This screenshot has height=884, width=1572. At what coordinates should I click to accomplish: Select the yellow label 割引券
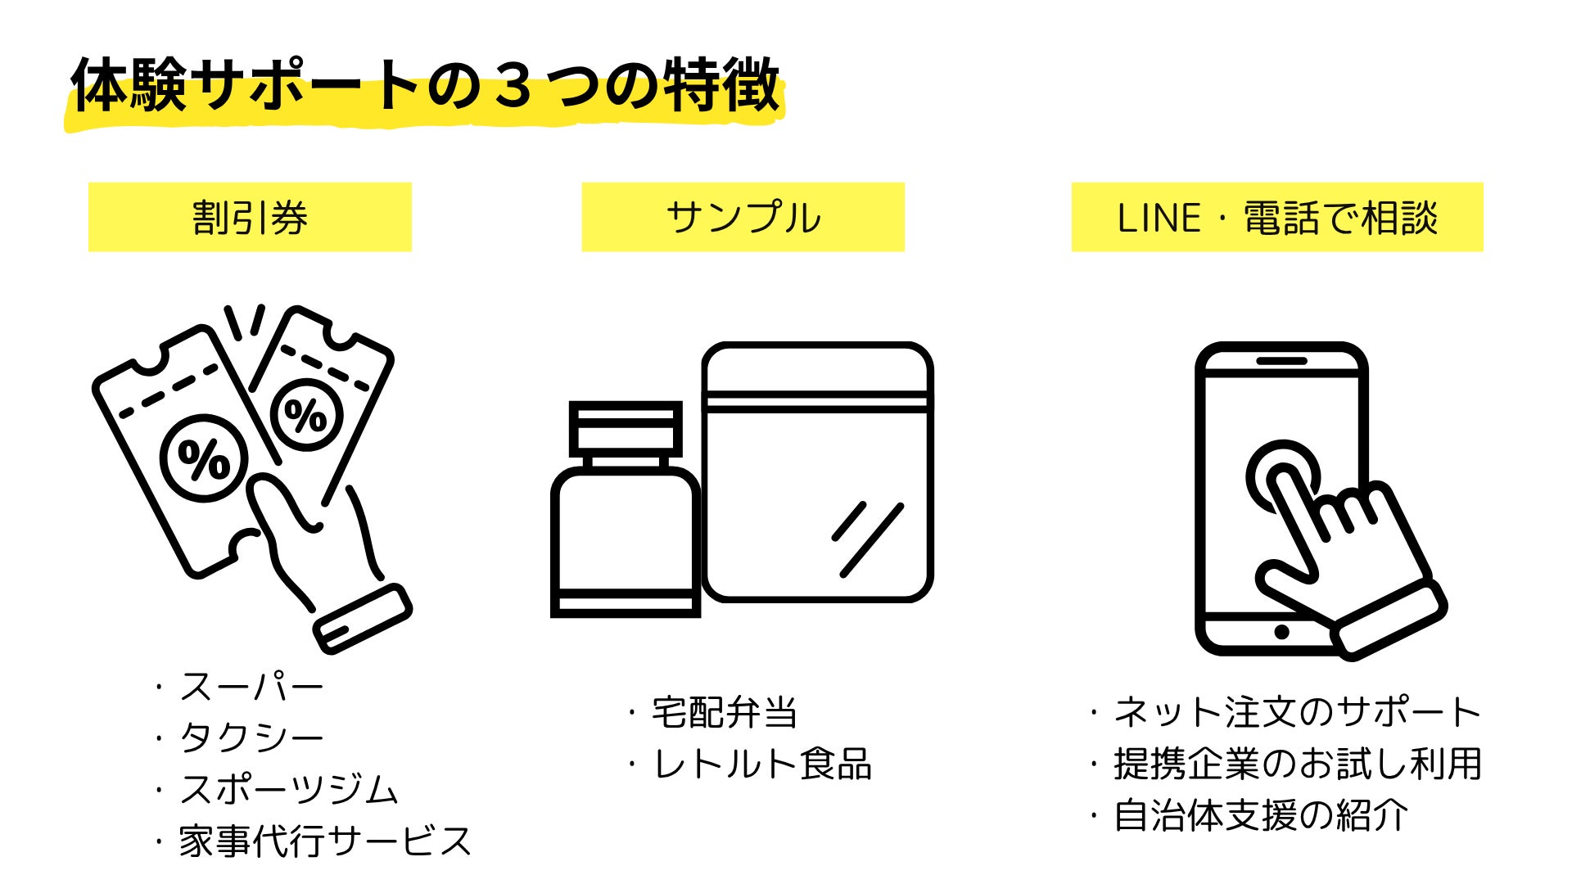click(x=250, y=217)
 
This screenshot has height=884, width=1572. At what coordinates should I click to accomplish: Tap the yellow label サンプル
click(x=743, y=217)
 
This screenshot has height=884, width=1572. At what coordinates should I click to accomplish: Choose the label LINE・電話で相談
click(x=1277, y=217)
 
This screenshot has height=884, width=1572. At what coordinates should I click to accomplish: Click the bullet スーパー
click(x=251, y=687)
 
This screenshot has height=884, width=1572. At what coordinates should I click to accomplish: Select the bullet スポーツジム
click(x=288, y=789)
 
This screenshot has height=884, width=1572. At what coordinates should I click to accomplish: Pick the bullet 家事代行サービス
click(x=325, y=841)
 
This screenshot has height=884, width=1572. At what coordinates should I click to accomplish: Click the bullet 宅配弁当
click(x=724, y=712)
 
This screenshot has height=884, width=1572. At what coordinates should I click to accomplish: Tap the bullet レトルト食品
click(x=761, y=764)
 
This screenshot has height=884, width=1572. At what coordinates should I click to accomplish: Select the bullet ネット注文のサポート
click(x=1297, y=712)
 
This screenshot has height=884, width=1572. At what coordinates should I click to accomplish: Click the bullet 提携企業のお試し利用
click(x=1297, y=764)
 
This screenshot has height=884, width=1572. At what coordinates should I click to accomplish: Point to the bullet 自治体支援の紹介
click(x=1261, y=815)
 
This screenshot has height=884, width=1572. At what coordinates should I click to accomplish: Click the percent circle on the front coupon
click(x=204, y=458)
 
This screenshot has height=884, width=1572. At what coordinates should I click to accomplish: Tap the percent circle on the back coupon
click(x=306, y=414)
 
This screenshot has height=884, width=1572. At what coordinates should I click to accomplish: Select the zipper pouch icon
click(x=817, y=473)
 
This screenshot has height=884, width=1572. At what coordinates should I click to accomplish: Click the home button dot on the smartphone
click(x=1281, y=632)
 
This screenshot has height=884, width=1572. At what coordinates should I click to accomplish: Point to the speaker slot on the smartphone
click(x=1281, y=361)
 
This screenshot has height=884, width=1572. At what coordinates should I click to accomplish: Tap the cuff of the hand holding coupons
click(x=363, y=618)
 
